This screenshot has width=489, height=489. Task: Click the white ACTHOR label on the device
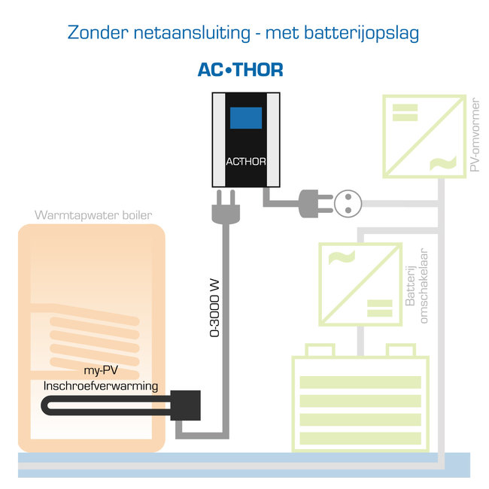point(245,161)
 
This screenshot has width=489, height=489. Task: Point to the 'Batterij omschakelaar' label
point(417,286)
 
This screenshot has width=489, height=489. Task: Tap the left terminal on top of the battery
point(321,350)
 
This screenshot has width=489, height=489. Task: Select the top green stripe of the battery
point(360,381)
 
